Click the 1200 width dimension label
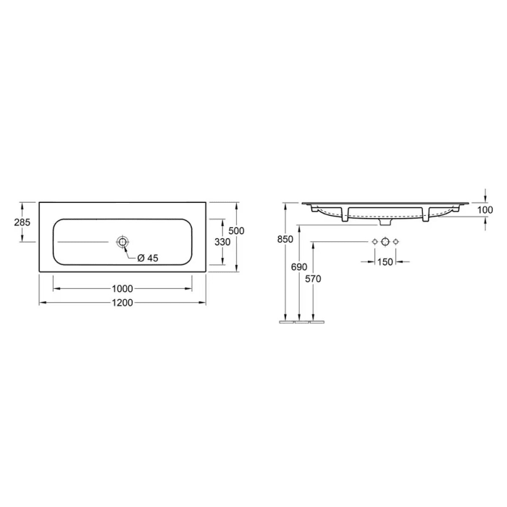click(x=122, y=303)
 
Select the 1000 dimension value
click(x=122, y=288)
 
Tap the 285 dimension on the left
click(x=22, y=222)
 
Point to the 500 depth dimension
click(x=237, y=230)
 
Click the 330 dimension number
click(x=222, y=242)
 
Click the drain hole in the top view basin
click(x=122, y=241)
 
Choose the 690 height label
click(x=299, y=267)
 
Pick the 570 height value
click(x=313, y=278)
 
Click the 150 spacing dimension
click(x=385, y=261)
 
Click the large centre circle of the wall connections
click(x=385, y=241)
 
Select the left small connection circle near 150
click(x=374, y=241)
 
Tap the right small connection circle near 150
click(x=396, y=241)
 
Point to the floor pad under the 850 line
click(x=286, y=322)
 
